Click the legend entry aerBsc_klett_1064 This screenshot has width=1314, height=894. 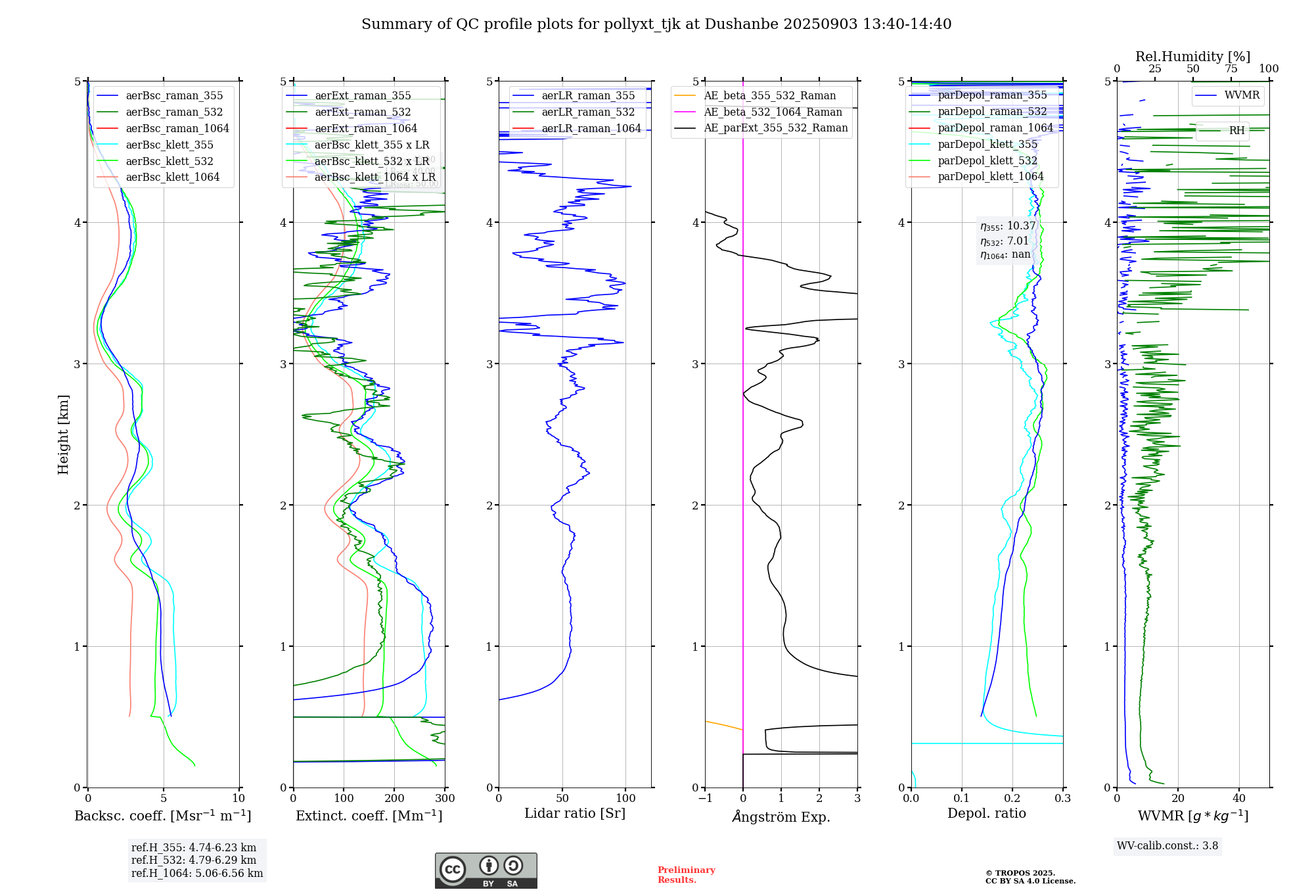click(x=172, y=177)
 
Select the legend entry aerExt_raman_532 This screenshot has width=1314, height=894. click(x=363, y=112)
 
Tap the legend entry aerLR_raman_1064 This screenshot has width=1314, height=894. click(x=591, y=129)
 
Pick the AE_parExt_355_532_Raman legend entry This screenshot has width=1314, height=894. click(x=775, y=128)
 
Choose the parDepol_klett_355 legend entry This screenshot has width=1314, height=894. click(x=987, y=145)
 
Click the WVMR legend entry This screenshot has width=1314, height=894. click(x=1242, y=95)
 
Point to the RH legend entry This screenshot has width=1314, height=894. click(x=1236, y=131)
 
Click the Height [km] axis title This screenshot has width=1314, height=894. click(x=63, y=435)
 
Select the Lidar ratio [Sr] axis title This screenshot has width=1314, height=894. click(x=575, y=814)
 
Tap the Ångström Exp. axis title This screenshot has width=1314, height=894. click(x=781, y=817)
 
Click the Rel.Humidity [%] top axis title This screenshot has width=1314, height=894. click(x=1192, y=57)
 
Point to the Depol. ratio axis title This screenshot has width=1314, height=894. click(x=986, y=814)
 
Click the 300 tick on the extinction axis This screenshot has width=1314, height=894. click(x=445, y=799)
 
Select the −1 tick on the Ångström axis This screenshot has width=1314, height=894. click(x=705, y=799)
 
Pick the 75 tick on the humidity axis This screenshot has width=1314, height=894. click(x=1231, y=69)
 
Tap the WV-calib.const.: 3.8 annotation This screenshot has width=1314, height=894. click(x=1167, y=846)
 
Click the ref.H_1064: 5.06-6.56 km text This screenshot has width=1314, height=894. click(x=197, y=874)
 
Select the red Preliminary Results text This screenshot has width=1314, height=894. click(x=686, y=875)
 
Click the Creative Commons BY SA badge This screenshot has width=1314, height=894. click(x=486, y=871)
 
